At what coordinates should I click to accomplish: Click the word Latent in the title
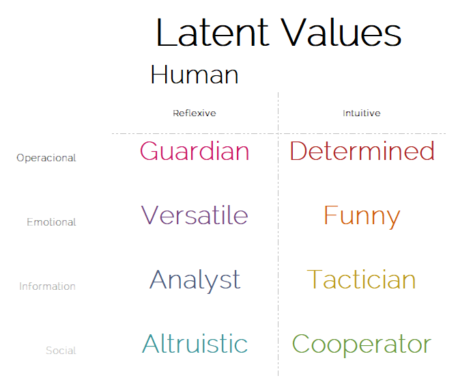[212, 32]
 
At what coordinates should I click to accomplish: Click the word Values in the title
[341, 32]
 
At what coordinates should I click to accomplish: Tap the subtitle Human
[195, 75]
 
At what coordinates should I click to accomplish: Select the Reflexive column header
[195, 113]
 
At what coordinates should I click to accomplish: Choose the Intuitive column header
[362, 113]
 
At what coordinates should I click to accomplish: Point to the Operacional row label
[46, 158]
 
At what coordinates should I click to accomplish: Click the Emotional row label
[51, 222]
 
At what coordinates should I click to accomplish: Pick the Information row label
[47, 286]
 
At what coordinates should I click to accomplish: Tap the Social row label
[61, 350]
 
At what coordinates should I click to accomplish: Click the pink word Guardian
[195, 151]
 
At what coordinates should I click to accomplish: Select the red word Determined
[362, 151]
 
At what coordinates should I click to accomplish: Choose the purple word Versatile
[195, 215]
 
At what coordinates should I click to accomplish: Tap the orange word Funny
[362, 217]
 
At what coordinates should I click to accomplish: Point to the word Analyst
[195, 281]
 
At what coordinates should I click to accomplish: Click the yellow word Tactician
[361, 279]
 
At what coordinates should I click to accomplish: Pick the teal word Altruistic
[195, 343]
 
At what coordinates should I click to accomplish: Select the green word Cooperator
[362, 345]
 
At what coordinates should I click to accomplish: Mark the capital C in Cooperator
[301, 344]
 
